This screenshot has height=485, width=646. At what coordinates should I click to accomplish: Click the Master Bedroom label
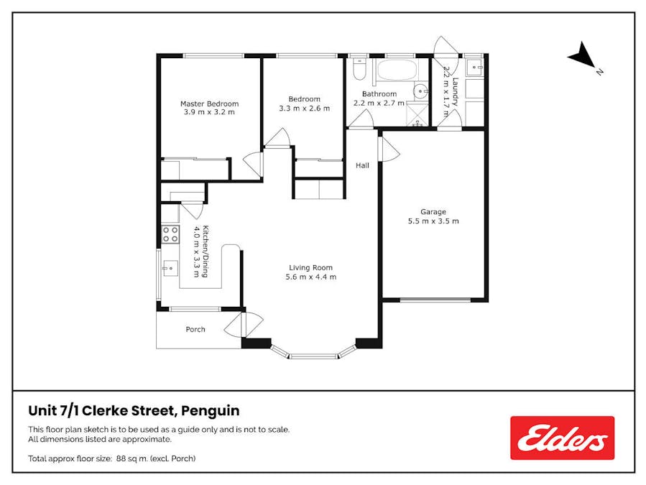(x=209, y=103)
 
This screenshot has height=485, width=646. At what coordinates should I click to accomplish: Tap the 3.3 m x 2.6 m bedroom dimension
(x=305, y=108)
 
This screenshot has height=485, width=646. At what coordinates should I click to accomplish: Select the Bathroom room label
(x=379, y=94)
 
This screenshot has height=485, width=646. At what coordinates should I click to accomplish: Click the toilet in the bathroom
(x=359, y=68)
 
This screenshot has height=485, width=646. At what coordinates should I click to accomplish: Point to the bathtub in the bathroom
(x=397, y=70)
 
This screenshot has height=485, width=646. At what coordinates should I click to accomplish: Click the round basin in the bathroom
(x=420, y=91)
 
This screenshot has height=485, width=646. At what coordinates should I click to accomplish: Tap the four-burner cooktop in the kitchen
(x=170, y=234)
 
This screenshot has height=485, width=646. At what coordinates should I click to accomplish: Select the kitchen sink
(x=170, y=268)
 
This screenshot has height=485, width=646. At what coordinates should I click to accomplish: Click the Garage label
(x=433, y=212)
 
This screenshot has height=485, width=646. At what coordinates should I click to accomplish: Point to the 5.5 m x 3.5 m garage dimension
(x=433, y=221)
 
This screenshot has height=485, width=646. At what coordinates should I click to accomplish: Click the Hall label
(x=363, y=165)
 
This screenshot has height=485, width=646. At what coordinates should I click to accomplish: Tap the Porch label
(x=195, y=329)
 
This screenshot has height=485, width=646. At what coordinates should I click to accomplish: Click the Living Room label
(x=310, y=267)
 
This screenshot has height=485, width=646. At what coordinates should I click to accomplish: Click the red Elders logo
(x=563, y=438)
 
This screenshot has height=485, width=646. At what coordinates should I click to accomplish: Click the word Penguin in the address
(x=211, y=411)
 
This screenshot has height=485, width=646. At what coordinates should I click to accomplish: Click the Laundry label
(x=455, y=92)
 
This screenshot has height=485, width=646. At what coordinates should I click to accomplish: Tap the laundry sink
(x=474, y=66)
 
